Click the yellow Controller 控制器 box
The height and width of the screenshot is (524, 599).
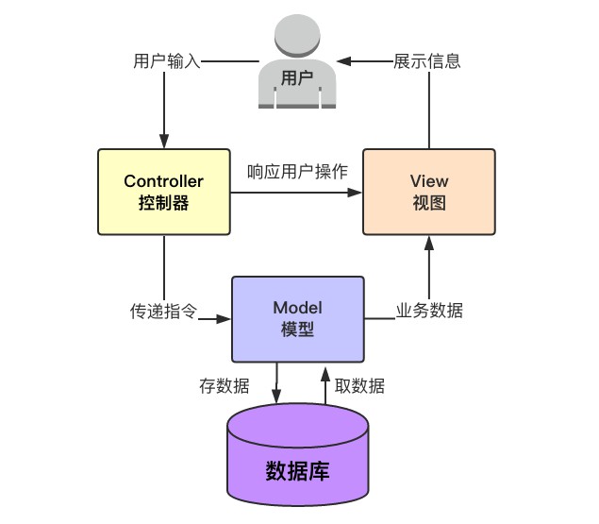coord(164,191)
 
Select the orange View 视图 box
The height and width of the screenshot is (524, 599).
coord(428,191)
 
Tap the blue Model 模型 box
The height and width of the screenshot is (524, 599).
coord(297,319)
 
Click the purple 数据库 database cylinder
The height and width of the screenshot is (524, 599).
coord(297,457)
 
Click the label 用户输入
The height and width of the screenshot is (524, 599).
coord(167,62)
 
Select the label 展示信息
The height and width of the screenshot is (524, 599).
coord(427,62)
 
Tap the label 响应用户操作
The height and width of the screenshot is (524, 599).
coord(297,173)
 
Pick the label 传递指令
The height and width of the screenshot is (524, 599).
coord(163,311)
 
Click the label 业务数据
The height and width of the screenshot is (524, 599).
coord(429,311)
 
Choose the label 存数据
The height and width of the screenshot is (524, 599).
coord(225,385)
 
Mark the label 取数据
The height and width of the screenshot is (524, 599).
coord(359,385)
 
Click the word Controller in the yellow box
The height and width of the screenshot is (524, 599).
coord(164,181)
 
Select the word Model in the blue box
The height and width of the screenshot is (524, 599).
coord(297,308)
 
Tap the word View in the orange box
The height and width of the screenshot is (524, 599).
coord(429,181)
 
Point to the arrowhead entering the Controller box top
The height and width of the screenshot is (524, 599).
coord(164,141)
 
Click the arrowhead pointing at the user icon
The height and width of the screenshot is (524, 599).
coord(344,62)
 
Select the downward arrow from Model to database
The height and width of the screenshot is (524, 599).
coord(276,387)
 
